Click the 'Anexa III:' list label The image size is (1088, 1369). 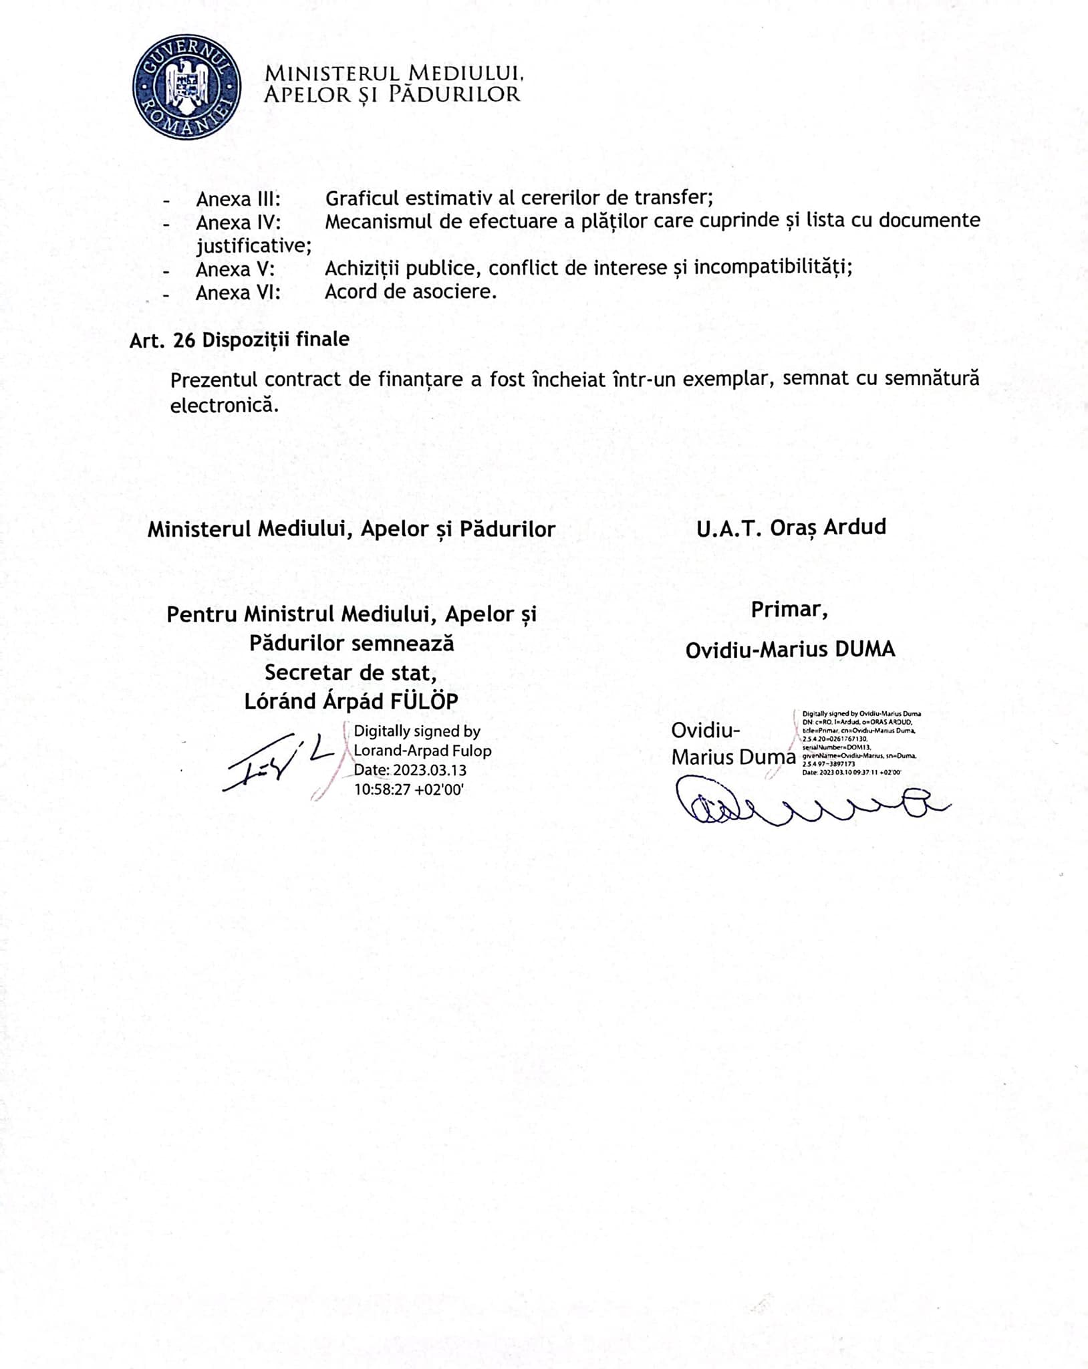[238, 199]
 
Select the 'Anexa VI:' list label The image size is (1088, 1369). [238, 293]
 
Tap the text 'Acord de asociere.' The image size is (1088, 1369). [410, 292]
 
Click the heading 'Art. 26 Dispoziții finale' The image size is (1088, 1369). [239, 340]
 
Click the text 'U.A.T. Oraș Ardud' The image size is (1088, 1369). [791, 527]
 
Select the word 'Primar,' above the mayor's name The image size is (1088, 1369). [789, 610]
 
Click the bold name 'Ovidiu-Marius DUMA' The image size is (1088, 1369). [790, 649]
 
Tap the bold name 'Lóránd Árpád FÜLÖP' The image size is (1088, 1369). [352, 701]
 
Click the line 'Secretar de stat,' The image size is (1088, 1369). [351, 672]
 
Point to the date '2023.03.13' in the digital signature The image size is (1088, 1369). [429, 770]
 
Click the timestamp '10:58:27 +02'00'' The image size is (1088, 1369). [409, 789]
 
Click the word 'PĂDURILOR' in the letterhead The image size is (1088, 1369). [454, 94]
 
